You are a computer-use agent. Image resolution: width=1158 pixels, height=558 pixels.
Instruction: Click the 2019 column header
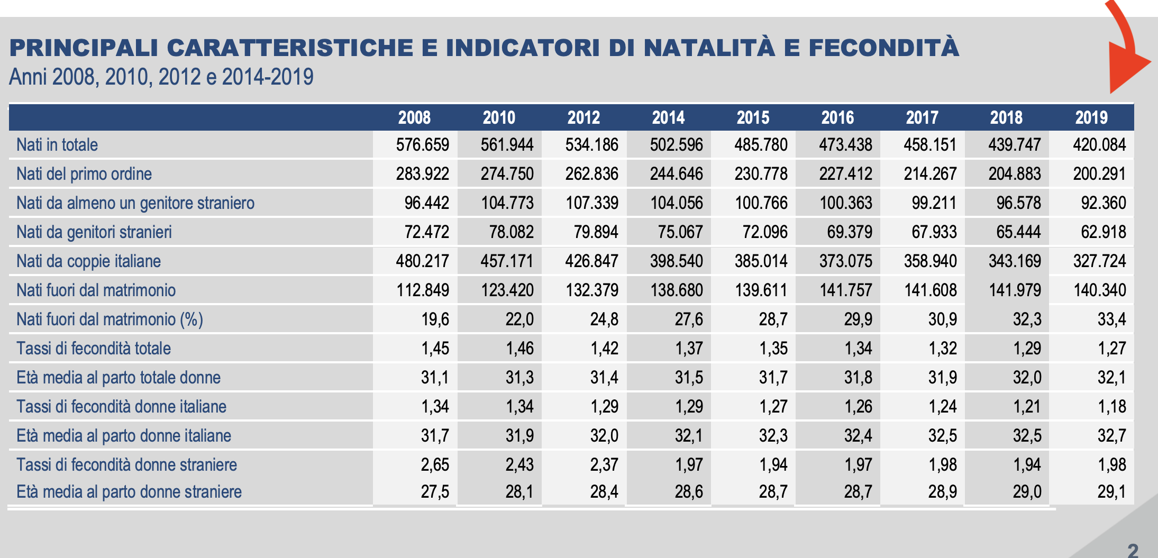tap(1091, 117)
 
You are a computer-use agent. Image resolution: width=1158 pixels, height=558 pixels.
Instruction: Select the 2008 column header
tap(414, 117)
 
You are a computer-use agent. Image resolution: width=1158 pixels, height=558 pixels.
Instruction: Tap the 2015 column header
tap(753, 117)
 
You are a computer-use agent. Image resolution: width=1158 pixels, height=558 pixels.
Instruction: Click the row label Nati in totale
tap(57, 145)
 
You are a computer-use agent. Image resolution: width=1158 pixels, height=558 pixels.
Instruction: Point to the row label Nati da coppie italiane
tap(88, 261)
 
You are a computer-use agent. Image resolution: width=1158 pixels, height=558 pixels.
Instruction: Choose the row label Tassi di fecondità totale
tap(94, 349)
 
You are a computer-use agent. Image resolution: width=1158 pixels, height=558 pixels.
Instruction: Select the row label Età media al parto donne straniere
tap(129, 492)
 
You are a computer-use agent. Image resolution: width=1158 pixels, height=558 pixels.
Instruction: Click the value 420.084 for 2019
tap(1099, 145)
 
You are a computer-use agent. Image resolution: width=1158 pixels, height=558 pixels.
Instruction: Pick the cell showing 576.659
tap(422, 145)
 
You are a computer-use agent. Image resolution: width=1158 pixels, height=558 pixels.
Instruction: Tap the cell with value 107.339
tap(591, 203)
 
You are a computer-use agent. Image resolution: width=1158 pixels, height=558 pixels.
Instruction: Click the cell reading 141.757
tap(845, 290)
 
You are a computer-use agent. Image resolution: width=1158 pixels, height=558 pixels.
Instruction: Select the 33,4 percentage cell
tap(1111, 319)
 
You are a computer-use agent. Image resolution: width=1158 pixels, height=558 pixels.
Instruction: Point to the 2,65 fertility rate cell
tap(435, 465)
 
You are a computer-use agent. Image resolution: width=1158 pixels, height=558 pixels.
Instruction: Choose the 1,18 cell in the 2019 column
tap(1111, 407)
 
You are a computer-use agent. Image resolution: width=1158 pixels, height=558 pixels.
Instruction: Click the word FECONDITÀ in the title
tap(883, 48)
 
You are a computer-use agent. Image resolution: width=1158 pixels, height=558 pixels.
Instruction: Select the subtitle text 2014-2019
tap(268, 77)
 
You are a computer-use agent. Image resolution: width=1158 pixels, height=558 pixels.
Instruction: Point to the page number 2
tap(1133, 550)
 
